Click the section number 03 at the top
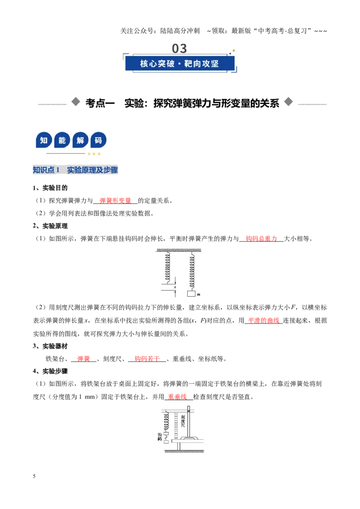(x=179, y=49)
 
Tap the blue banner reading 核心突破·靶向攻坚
(x=180, y=63)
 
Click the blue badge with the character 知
(x=44, y=141)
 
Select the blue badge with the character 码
(x=98, y=141)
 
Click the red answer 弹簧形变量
(x=115, y=201)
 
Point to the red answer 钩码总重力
(x=261, y=239)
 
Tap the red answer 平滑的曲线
(x=264, y=321)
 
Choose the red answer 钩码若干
(x=147, y=359)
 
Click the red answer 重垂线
(x=177, y=397)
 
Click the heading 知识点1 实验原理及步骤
(x=76, y=170)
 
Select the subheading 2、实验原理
(x=50, y=226)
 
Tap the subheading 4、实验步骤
(x=50, y=371)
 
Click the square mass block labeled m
(x=191, y=294)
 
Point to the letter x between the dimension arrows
(x=175, y=287)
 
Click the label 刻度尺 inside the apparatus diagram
(x=183, y=421)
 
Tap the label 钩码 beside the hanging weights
(x=160, y=437)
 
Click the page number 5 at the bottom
(x=34, y=476)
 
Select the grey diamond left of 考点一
(x=76, y=102)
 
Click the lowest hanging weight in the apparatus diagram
(x=166, y=442)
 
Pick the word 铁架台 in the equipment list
(x=55, y=359)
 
